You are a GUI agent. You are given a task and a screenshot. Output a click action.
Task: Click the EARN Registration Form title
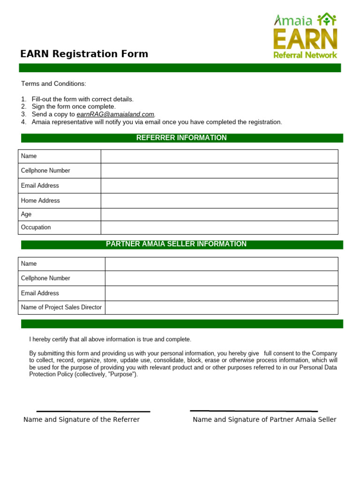click(84, 54)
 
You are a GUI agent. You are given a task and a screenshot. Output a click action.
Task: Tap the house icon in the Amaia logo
click(327, 20)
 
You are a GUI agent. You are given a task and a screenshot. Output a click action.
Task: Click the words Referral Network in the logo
click(305, 55)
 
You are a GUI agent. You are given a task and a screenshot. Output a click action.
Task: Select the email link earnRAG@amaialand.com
click(115, 114)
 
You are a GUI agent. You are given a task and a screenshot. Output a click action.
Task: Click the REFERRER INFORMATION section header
click(181, 138)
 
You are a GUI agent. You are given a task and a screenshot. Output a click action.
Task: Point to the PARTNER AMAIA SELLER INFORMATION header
click(176, 244)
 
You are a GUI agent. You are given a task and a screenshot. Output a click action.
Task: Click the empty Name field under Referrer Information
click(219, 156)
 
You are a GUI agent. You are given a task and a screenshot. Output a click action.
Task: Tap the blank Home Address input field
click(219, 201)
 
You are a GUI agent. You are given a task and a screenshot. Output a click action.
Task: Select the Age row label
click(26, 214)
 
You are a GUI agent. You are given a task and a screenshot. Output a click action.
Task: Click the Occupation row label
click(36, 227)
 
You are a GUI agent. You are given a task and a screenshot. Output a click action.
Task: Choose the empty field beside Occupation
click(219, 227)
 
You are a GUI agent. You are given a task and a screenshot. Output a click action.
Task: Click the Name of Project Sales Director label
click(61, 307)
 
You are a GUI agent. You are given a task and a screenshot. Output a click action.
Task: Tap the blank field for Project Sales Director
click(221, 307)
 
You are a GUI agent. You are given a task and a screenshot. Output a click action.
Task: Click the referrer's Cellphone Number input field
click(219, 171)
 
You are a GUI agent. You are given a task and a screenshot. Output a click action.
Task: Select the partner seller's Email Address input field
click(221, 293)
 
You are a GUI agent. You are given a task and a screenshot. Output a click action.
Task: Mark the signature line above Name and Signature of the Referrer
click(93, 412)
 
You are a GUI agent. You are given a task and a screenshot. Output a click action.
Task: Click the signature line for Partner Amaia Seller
click(254, 411)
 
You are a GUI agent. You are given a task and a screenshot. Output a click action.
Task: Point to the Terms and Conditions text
click(53, 84)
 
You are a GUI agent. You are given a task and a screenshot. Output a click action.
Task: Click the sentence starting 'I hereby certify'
click(110, 339)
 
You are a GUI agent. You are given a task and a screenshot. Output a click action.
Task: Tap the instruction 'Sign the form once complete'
click(73, 107)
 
